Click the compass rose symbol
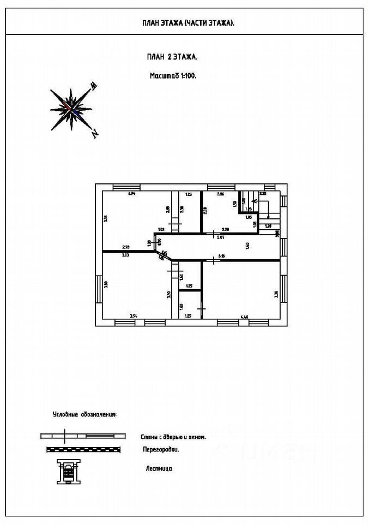(x=71, y=108)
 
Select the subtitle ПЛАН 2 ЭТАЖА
(x=172, y=56)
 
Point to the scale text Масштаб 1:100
(x=173, y=76)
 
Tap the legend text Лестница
(x=159, y=468)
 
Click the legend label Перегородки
(x=161, y=450)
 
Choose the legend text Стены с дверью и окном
(x=173, y=436)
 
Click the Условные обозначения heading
(x=84, y=415)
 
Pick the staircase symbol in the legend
(x=68, y=470)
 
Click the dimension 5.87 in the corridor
(x=221, y=237)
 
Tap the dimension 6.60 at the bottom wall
(x=245, y=316)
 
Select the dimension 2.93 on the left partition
(x=125, y=247)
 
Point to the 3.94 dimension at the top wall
(x=131, y=194)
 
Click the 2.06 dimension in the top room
(x=220, y=194)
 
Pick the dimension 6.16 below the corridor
(x=222, y=255)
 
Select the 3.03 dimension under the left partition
(x=125, y=255)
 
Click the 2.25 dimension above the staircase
(x=263, y=193)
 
